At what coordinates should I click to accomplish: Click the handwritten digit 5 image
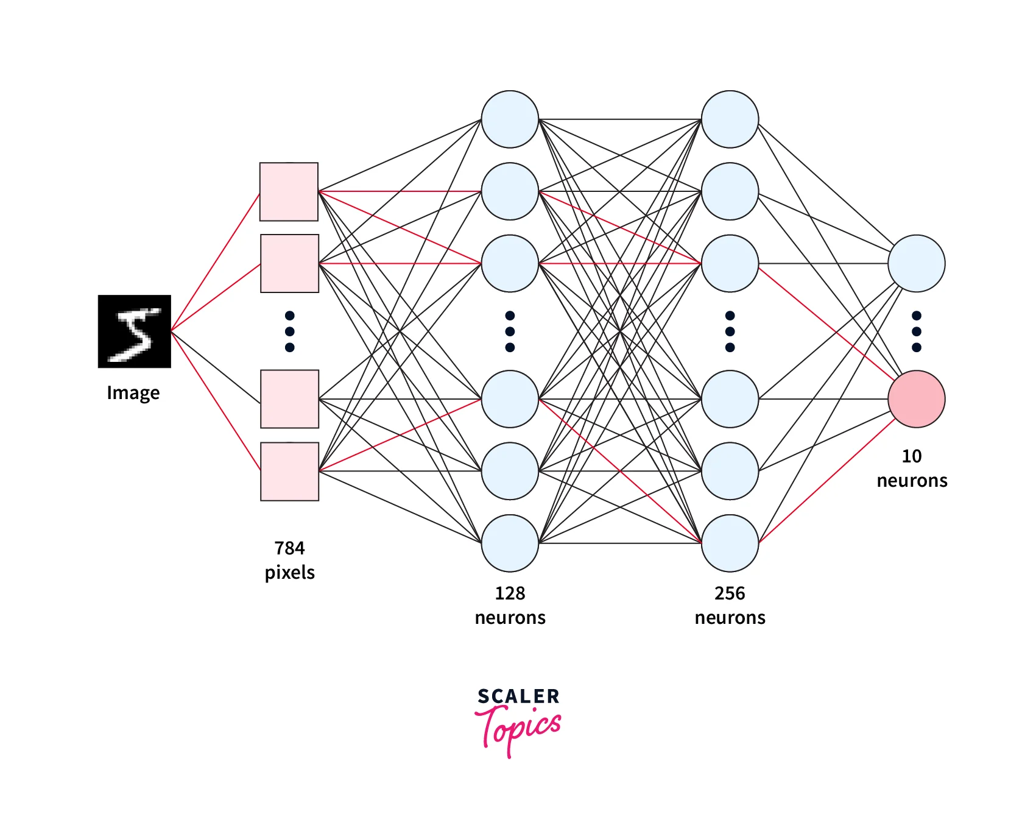pos(134,331)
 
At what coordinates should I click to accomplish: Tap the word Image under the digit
pos(133,393)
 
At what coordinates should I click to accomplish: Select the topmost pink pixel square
pos(289,191)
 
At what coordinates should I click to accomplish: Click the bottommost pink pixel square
pos(289,472)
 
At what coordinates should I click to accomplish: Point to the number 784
pos(289,548)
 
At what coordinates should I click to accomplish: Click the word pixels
pos(289,573)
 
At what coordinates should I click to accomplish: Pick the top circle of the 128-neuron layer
pos(510,119)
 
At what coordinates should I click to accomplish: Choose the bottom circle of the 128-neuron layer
pos(510,543)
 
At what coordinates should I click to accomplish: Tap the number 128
pos(510,593)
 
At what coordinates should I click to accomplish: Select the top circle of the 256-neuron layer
pos(730,119)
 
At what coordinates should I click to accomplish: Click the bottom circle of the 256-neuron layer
pos(730,543)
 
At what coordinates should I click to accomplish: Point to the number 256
pos(730,593)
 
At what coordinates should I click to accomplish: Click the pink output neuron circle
pos(916,399)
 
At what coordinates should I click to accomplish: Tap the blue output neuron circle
pos(916,264)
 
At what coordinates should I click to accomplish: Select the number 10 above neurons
pos(912,456)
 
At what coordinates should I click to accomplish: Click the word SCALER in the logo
pos(518,696)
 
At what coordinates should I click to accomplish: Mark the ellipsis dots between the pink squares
pos(289,331)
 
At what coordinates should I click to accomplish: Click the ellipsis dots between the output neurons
pos(916,331)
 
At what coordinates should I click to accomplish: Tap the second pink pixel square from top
pos(289,263)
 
